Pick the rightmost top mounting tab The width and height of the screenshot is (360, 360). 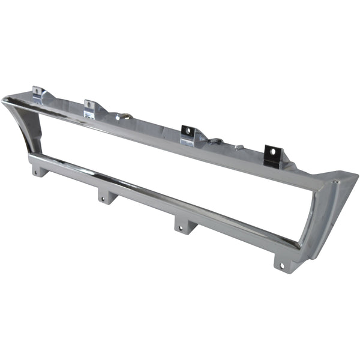[272, 154]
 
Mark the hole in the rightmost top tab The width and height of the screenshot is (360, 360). [273, 152]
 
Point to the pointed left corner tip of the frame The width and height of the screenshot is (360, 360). [4, 99]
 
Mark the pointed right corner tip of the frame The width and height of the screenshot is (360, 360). [356, 175]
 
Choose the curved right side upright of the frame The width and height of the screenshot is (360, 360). [317, 222]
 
